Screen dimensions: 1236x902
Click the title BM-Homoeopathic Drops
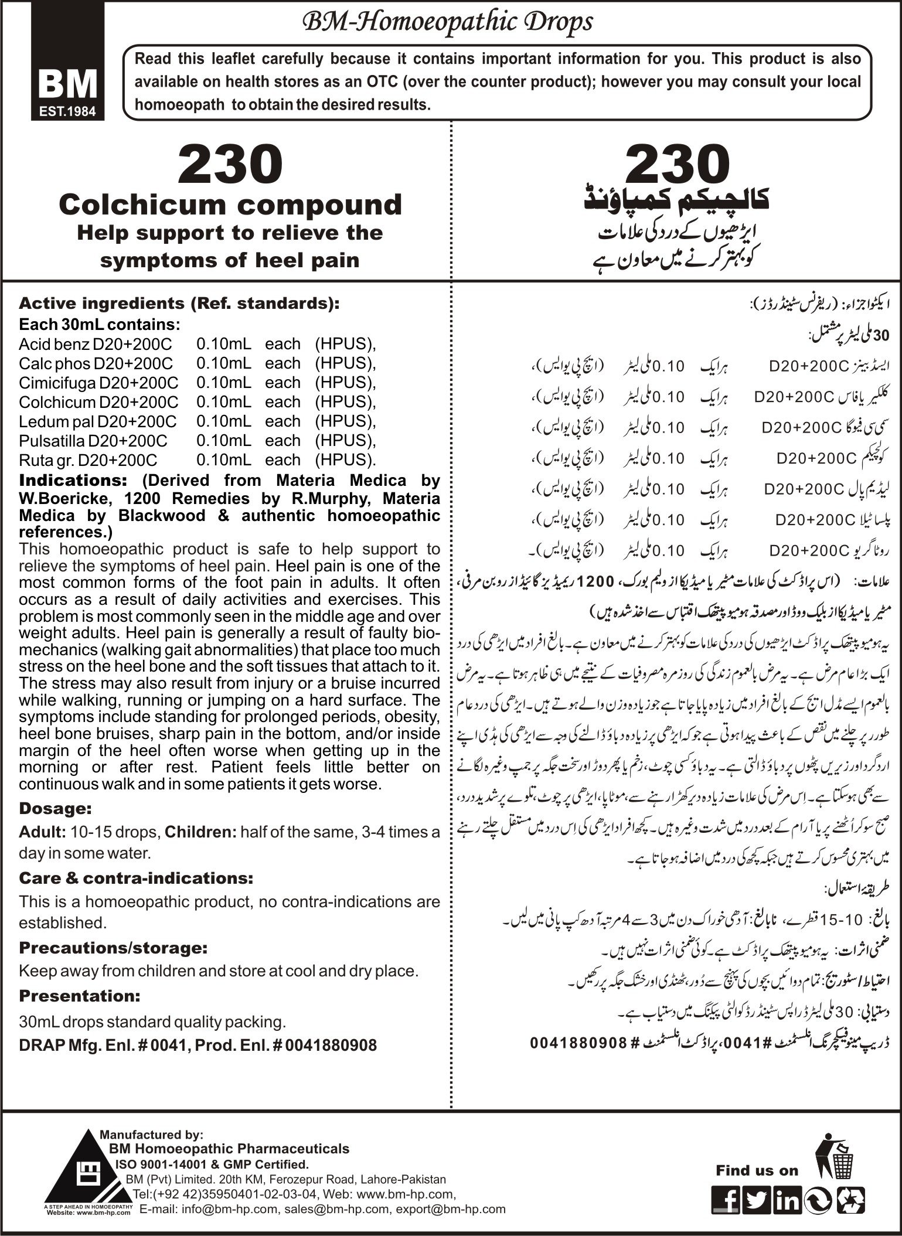pos(447,22)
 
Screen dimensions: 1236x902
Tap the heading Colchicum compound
pos(230,205)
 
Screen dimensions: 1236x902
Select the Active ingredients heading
pos(179,304)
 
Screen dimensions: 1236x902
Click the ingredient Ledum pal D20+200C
pos(97,421)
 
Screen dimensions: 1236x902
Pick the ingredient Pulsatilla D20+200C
pos(93,441)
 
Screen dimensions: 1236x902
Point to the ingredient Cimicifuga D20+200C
pos(98,383)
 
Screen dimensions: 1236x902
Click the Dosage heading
pos(56,808)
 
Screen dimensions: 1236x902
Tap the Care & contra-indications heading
pos(136,878)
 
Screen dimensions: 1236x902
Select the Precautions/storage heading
pos(113,948)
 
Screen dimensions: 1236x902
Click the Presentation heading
pos(80,996)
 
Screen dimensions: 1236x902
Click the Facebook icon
pos(725,1198)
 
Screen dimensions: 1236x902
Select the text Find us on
pos(757,1170)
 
